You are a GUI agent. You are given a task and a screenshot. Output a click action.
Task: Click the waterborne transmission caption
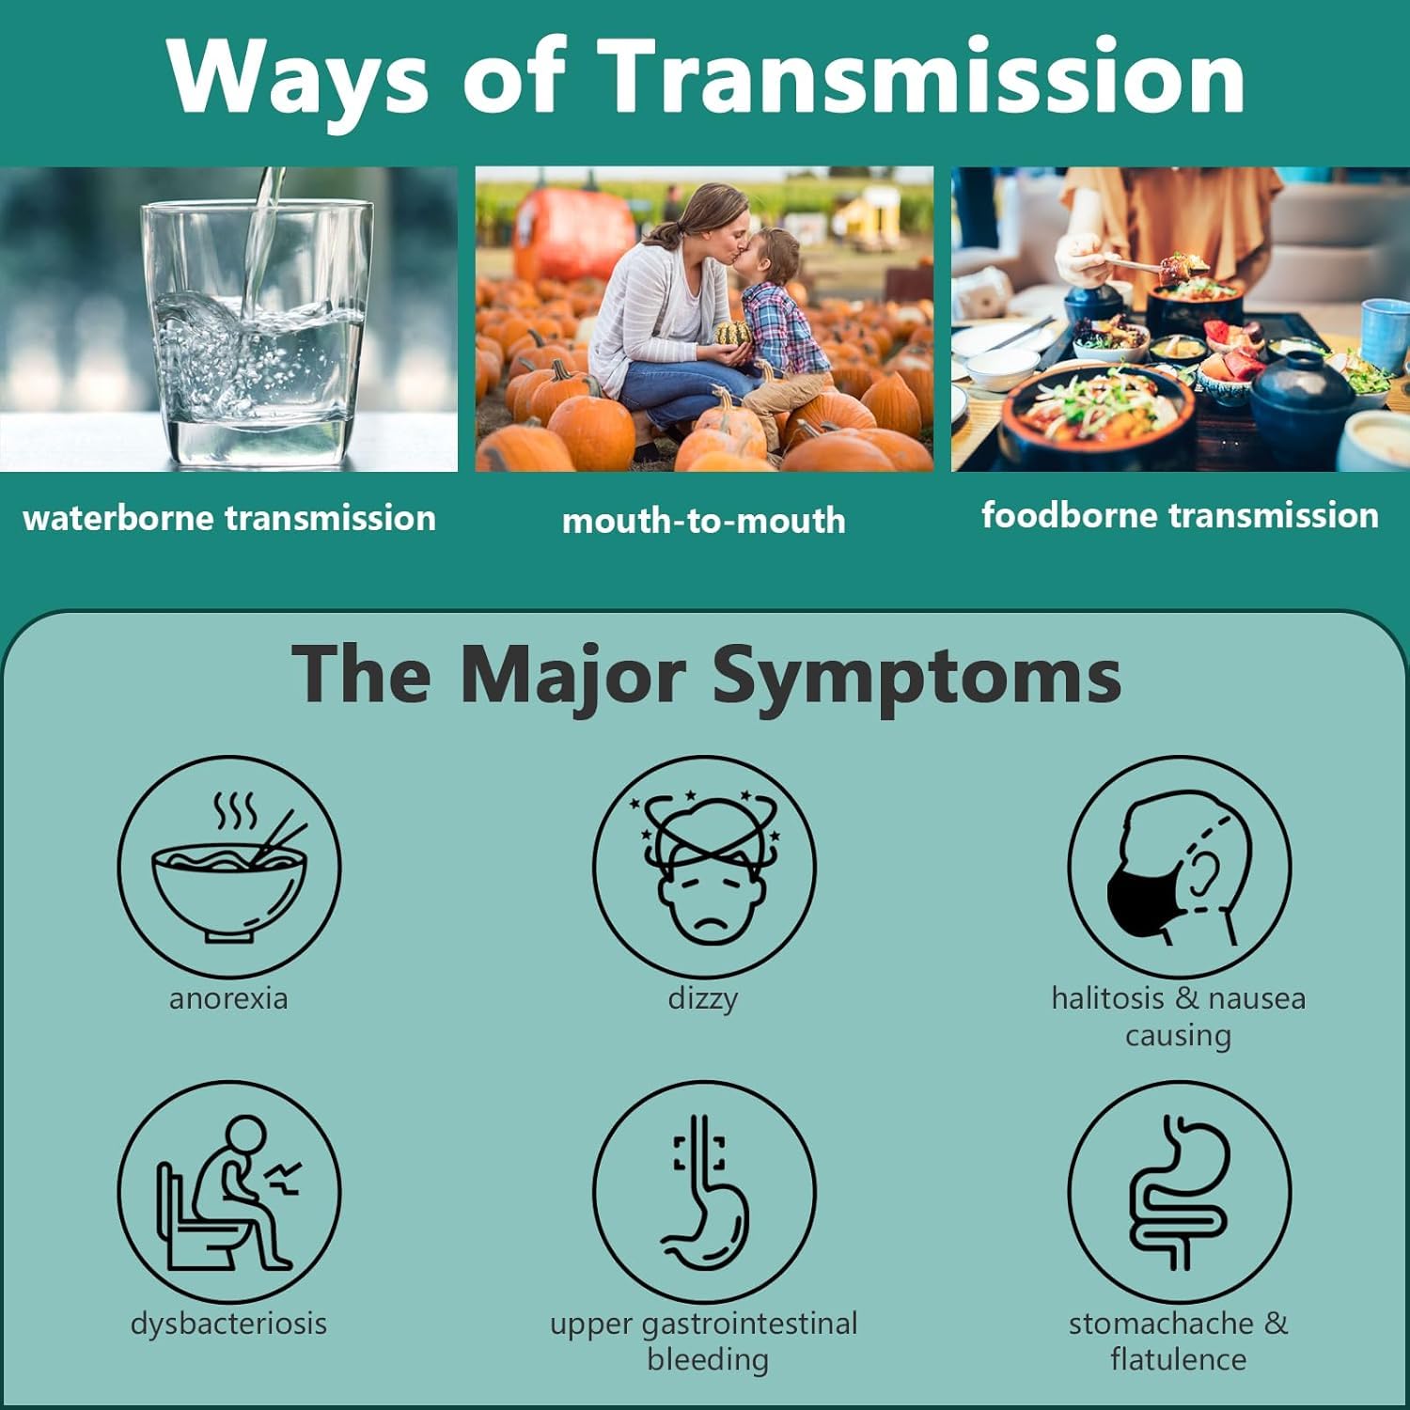point(229,518)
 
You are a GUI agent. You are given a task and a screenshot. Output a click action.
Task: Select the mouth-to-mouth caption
point(703,521)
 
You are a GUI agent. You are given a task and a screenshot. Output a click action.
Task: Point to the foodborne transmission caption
point(1180,515)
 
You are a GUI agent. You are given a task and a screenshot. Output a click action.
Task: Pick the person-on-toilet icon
point(229,1191)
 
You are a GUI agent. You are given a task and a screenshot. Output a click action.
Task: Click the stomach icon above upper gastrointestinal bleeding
point(704,1191)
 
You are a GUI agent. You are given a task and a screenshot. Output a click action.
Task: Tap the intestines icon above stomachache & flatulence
point(1179,1191)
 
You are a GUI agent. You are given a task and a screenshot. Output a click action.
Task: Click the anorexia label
point(228,998)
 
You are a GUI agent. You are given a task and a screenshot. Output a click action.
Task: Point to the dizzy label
point(703,998)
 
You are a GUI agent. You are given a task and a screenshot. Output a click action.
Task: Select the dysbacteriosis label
point(228,1324)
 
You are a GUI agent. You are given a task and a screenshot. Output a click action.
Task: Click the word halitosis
point(1108,998)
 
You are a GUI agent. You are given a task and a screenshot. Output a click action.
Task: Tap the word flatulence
point(1178,1359)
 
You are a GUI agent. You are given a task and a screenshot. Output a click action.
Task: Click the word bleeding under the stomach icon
point(707,1359)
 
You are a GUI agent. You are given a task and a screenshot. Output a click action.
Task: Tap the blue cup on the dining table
point(1384,334)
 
